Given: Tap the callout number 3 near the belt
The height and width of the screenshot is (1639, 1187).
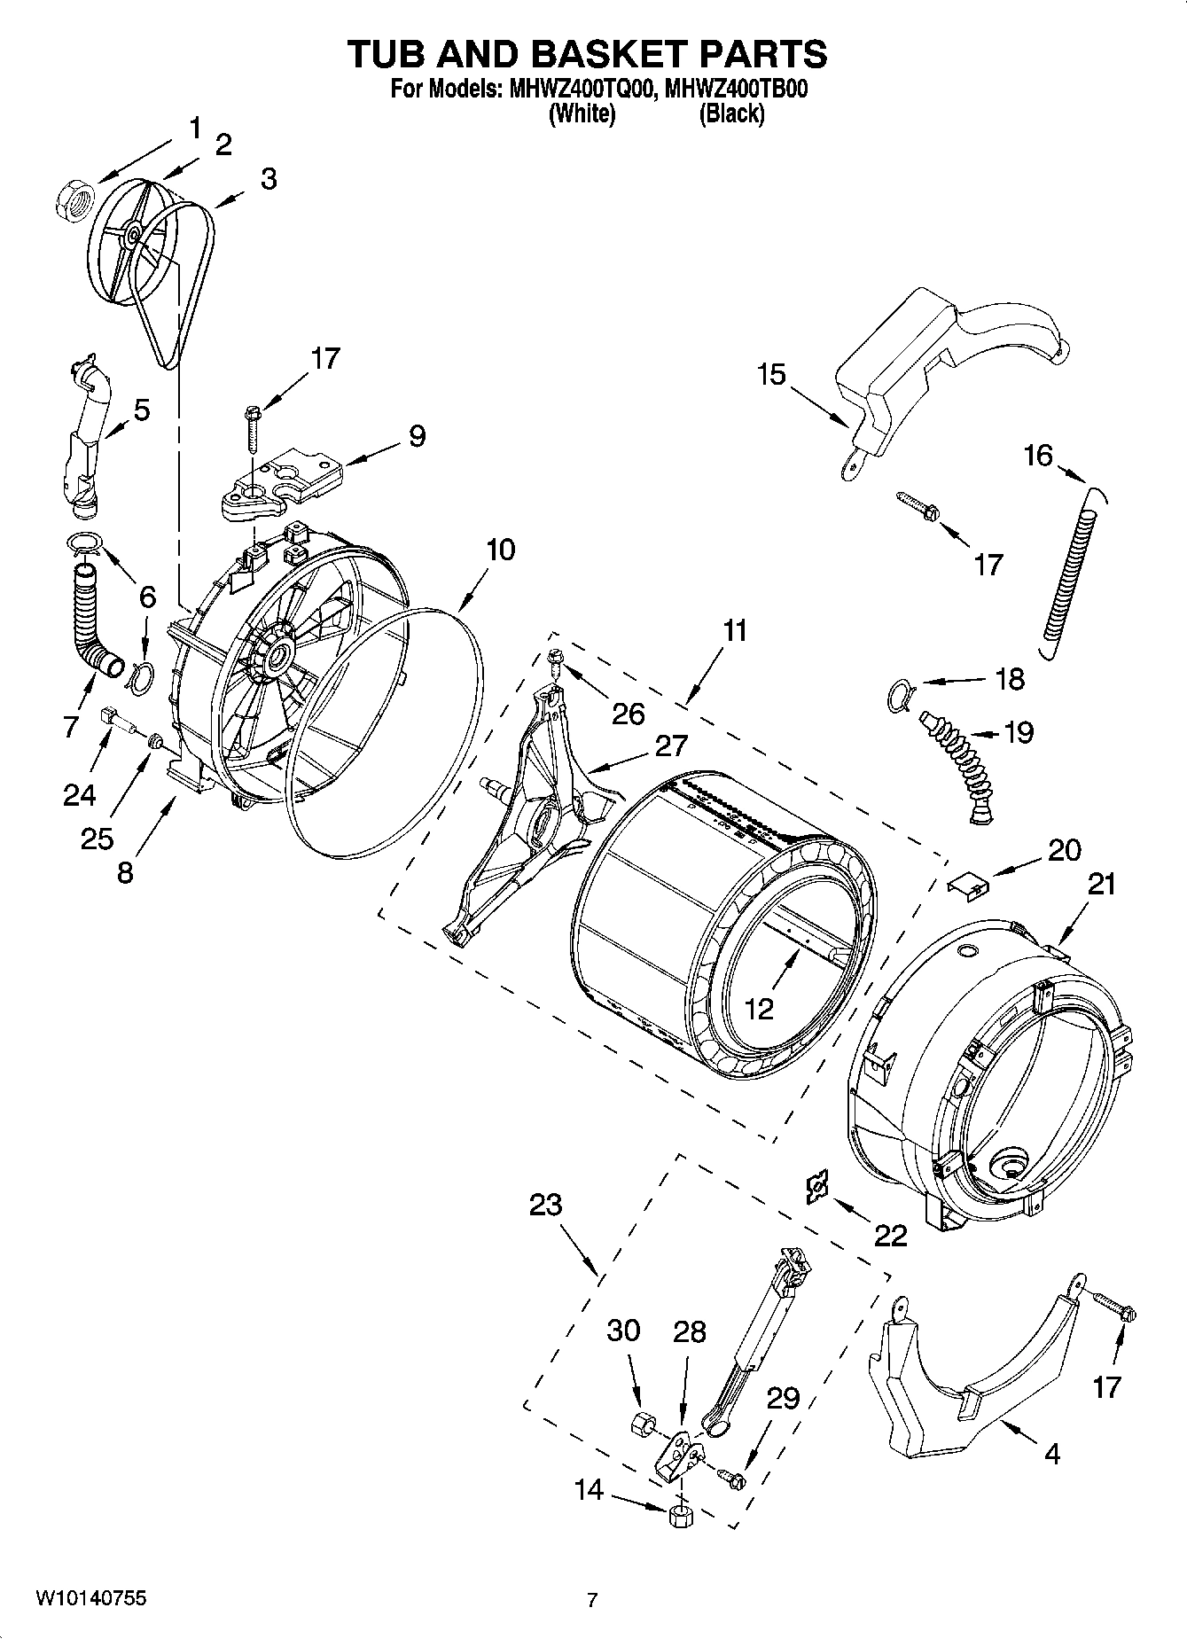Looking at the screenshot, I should pos(268,179).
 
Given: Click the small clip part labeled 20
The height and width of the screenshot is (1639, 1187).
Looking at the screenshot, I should pos(969,885).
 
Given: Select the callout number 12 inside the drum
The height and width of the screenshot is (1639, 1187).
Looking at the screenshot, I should pos(760,1008).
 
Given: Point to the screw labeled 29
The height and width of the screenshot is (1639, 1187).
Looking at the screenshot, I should pos(732,1476).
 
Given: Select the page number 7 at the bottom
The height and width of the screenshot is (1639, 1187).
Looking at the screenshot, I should pos(592,1600).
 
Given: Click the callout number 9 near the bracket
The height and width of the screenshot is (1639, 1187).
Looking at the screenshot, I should pos(416,435).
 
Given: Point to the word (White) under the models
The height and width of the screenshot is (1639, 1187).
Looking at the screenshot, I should pos(582,113).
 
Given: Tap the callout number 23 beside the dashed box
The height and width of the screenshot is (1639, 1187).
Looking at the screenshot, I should pos(545,1205).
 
